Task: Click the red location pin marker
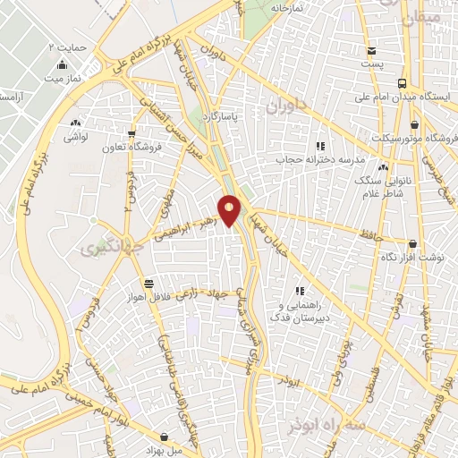(230, 210)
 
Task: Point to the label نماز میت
(62, 80)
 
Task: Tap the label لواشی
(75, 138)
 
